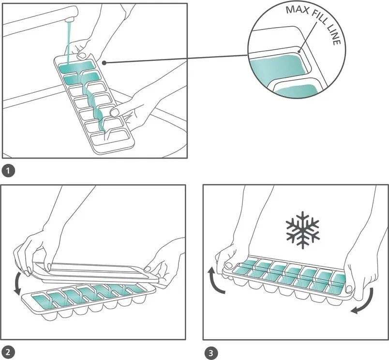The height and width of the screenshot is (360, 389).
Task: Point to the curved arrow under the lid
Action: [18, 283]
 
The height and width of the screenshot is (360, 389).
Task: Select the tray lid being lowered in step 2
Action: [92, 272]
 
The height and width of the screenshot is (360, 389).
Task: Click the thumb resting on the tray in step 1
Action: [115, 112]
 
